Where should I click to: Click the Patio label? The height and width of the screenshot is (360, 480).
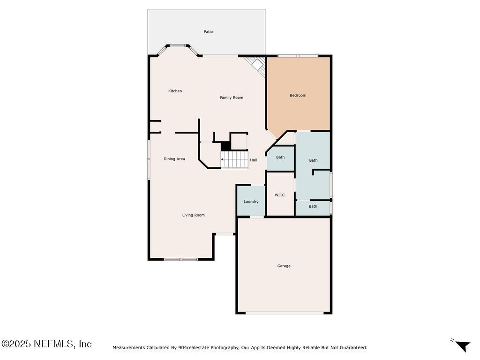tap(208, 32)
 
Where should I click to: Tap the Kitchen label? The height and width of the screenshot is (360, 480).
tap(175, 91)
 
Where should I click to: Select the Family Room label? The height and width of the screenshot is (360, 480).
tap(232, 97)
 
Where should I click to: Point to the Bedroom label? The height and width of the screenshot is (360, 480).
tap(298, 95)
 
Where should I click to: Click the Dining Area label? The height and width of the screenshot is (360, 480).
tap(174, 159)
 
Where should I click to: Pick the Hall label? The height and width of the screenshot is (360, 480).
tap(253, 160)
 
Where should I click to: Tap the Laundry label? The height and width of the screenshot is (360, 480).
tap(251, 202)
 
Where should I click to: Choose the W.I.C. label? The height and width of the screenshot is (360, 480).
tap(280, 195)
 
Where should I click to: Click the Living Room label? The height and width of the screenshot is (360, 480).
tap(194, 215)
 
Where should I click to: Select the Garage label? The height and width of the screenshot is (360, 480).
tap(284, 266)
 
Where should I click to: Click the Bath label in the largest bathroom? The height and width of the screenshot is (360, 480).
tap(313, 160)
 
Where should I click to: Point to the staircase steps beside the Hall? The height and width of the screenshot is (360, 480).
tap(235, 159)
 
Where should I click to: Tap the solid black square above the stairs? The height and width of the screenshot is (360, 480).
tap(225, 146)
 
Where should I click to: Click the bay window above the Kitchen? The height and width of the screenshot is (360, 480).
tap(177, 46)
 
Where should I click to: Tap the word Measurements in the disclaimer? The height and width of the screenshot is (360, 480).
tap(128, 348)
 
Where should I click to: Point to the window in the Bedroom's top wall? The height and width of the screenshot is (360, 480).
tap(298, 56)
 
